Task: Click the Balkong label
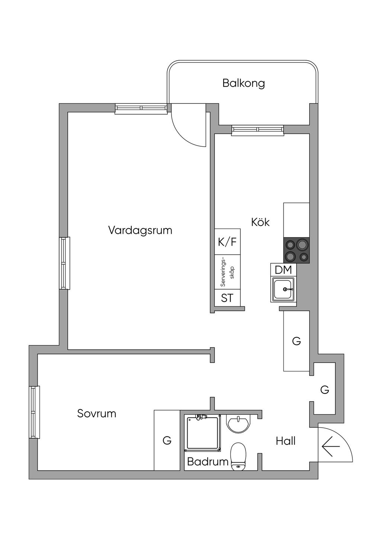click(243, 83)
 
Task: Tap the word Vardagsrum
click(140, 230)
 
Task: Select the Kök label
click(260, 222)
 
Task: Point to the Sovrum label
click(96, 413)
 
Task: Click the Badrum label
click(207, 462)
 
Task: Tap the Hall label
click(285, 441)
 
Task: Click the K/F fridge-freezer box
click(227, 242)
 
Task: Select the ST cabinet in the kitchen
click(227, 298)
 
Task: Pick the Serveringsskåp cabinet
click(227, 272)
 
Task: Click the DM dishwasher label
click(283, 270)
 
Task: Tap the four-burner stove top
click(297, 251)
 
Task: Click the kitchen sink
click(284, 289)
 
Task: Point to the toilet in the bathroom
click(238, 456)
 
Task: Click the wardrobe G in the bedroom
click(167, 440)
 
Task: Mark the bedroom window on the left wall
click(34, 412)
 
